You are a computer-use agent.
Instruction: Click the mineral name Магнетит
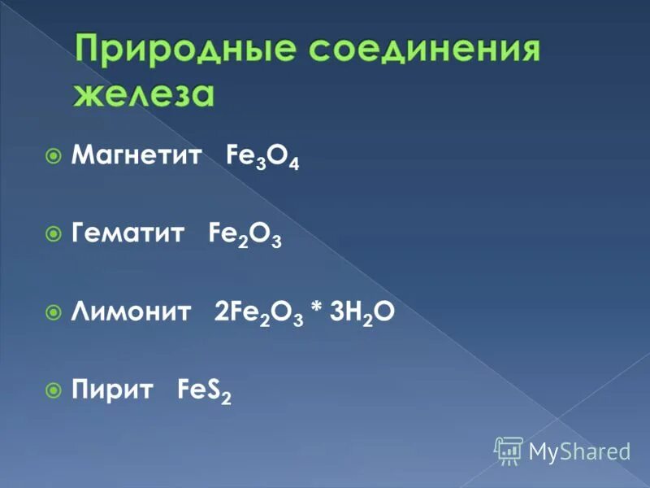pos(136,155)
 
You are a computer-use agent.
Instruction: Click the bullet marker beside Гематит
pos(54,234)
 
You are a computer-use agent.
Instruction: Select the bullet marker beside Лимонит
pos(54,312)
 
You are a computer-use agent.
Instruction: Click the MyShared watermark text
pos(580,451)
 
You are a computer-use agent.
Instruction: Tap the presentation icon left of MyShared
pos(509,450)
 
